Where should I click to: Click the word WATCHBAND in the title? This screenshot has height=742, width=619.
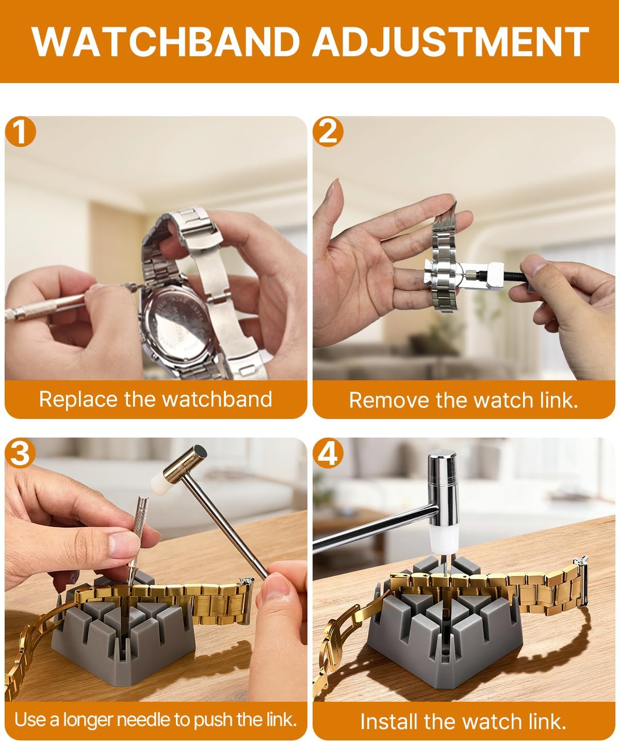pyautogui.click(x=166, y=41)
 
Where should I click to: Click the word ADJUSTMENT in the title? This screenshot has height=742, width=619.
pyautogui.click(x=450, y=41)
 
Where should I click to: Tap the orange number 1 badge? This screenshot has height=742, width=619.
pyautogui.click(x=21, y=132)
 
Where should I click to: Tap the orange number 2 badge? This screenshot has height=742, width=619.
pyautogui.click(x=328, y=132)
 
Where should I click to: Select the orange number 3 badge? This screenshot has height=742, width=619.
pyautogui.click(x=20, y=453)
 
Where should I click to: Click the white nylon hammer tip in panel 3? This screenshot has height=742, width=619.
pyautogui.click(x=159, y=482)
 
